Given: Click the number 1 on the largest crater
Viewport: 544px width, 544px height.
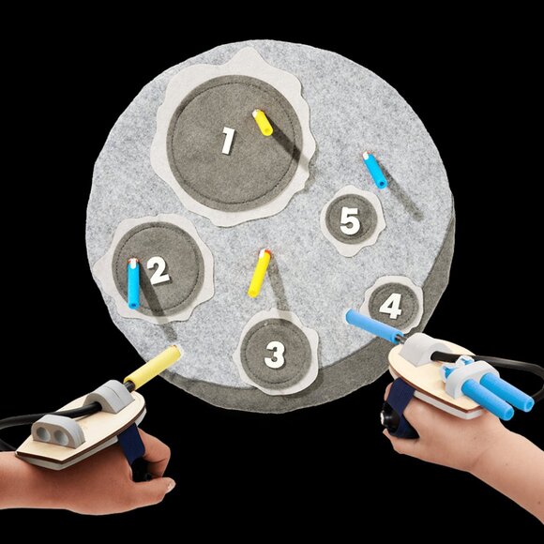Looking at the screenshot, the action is click(x=228, y=140).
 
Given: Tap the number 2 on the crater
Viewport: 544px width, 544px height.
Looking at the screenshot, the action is click(x=158, y=271).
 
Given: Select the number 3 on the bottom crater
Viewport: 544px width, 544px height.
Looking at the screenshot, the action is click(x=275, y=355).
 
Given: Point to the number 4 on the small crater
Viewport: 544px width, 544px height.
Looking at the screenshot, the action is click(x=391, y=307).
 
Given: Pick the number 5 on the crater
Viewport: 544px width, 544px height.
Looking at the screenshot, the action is click(x=350, y=221).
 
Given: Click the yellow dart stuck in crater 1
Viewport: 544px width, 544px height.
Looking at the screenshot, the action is click(x=263, y=123).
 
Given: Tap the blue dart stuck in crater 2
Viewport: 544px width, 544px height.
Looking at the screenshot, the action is click(x=133, y=283).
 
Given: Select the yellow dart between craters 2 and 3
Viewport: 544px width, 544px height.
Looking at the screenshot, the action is click(x=259, y=273).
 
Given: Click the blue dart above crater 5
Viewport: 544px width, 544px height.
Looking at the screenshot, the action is click(x=374, y=170).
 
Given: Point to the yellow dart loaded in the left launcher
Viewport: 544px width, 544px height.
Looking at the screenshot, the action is click(x=153, y=368).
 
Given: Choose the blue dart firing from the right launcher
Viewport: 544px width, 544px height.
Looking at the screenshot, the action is click(x=374, y=326).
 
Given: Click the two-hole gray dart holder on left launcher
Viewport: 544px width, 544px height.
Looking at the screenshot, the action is click(x=58, y=431).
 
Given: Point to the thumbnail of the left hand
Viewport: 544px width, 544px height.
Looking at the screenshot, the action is click(x=171, y=485).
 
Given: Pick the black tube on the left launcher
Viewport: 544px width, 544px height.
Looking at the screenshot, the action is click(x=52, y=416).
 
